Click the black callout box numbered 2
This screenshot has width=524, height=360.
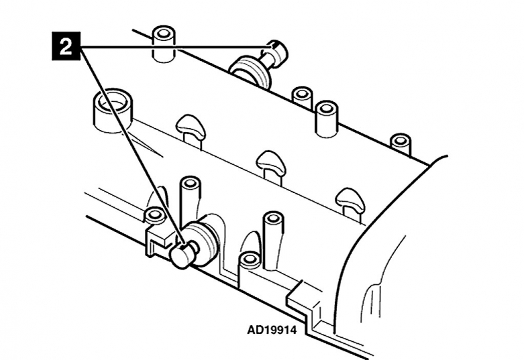click(66, 46)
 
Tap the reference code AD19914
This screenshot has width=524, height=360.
click(272, 331)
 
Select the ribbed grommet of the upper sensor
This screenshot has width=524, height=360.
click(251, 72)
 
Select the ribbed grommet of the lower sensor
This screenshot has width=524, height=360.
click(201, 243)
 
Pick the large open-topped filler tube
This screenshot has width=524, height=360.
click(112, 111)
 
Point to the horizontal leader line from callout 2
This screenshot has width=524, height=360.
click(175, 47)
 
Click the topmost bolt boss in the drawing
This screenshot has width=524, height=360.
click(164, 43)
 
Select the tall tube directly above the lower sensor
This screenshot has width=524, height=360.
click(189, 200)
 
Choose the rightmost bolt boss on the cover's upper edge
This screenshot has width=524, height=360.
click(401, 143)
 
